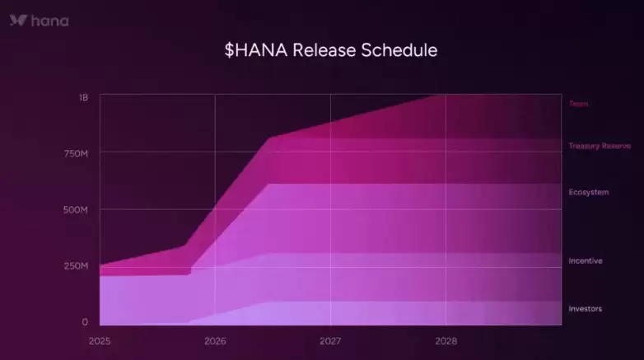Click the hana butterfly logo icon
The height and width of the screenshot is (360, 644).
point(18,21)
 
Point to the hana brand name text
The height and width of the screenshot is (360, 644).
point(49,21)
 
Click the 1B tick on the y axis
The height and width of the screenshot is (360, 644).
point(83,97)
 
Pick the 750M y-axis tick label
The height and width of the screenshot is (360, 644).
point(77,154)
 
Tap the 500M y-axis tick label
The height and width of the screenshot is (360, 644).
point(77,210)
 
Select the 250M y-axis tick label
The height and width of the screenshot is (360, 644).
point(77,266)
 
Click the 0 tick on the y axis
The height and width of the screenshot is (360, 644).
point(85,322)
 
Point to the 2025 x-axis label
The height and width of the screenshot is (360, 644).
point(100,340)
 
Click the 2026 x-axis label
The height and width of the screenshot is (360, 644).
point(215,340)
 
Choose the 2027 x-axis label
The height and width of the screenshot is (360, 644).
point(330,340)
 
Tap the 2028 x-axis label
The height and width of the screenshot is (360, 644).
point(446,340)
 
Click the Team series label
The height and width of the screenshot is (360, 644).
point(578,104)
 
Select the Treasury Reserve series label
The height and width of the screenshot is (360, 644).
point(599,146)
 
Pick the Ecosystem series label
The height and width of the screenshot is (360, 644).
point(588,192)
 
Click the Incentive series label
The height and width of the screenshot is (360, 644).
point(585,261)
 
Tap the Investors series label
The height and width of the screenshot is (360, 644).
point(585,309)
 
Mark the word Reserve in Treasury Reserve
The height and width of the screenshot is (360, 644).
point(616,146)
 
